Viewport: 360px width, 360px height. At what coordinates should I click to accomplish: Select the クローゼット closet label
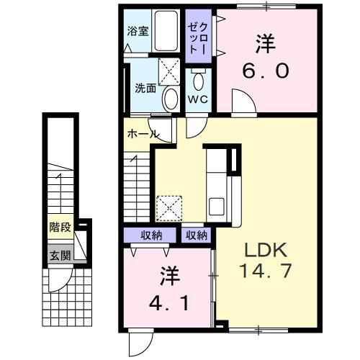tap(198, 37)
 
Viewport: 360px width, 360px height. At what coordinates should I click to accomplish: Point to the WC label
tap(198, 99)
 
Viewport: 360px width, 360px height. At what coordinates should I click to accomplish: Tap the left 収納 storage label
tap(151, 235)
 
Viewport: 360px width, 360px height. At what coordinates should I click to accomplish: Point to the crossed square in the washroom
tap(170, 71)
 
